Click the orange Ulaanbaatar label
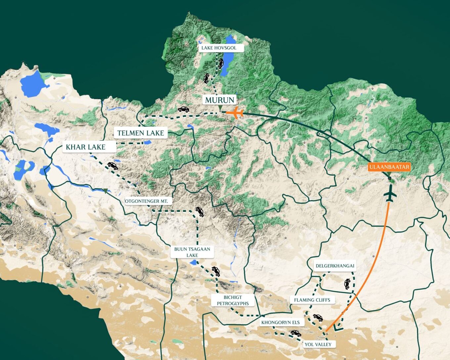(x=389, y=167)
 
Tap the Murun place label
(x=220, y=100)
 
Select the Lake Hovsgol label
(x=219, y=48)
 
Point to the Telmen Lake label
(x=141, y=133)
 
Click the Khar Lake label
(x=86, y=147)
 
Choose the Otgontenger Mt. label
(x=147, y=201)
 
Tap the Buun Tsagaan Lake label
(x=192, y=252)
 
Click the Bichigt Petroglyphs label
(x=233, y=300)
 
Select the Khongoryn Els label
(x=281, y=322)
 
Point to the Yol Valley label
(x=318, y=344)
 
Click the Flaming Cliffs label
(x=312, y=300)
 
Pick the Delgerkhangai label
(x=335, y=266)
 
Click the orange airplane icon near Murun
(x=235, y=112)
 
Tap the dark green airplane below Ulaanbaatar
(x=390, y=194)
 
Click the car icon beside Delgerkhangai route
(x=347, y=284)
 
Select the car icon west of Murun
(x=183, y=109)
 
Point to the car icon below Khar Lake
(x=112, y=165)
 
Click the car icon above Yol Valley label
(x=295, y=333)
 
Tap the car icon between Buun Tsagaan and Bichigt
(x=216, y=271)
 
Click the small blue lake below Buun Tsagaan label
(x=193, y=263)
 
